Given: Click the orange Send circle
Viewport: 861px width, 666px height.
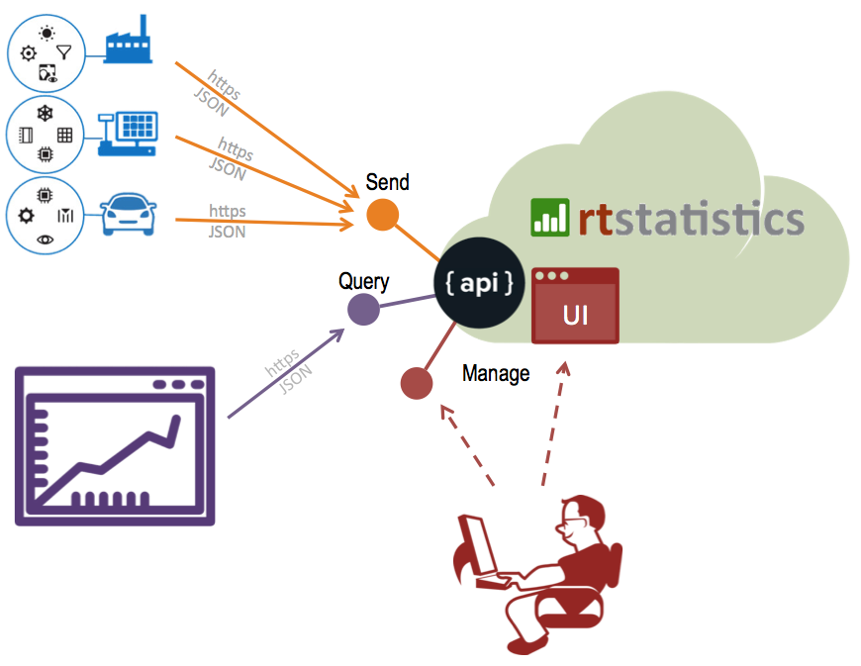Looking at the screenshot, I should coord(382,215).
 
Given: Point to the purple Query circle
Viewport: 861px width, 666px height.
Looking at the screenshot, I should coord(364,311).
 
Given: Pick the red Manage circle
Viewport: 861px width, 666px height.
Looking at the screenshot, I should coord(417,384).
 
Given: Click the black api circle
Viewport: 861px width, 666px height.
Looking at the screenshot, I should coord(479,284).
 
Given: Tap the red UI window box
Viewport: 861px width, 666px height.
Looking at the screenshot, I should coord(575,306).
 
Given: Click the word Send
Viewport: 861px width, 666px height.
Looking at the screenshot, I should coord(387,183).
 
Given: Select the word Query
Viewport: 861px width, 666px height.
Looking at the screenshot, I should coord(363,281).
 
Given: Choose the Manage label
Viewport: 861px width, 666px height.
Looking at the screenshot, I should coord(496,373).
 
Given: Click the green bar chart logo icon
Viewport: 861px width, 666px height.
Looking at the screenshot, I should coord(550,217).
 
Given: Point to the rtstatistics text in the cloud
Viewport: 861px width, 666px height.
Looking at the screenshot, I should coord(691,218).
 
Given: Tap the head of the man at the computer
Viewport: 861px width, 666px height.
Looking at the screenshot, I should coord(579,519).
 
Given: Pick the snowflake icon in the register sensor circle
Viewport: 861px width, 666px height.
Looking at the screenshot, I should coord(45,113).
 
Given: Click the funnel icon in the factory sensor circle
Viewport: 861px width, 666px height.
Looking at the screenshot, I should coord(64,52).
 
